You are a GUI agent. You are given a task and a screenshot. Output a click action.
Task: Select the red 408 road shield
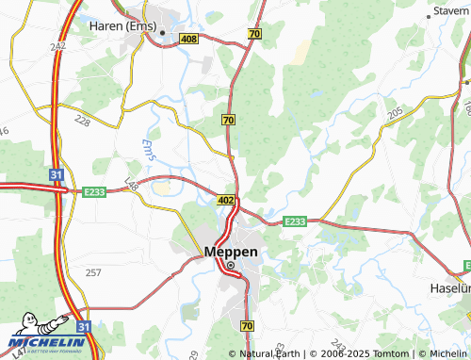187,39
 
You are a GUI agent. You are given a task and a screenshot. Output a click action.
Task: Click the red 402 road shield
225,201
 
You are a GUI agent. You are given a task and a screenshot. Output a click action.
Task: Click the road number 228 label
84,122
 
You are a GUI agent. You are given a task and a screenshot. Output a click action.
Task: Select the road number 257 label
93,272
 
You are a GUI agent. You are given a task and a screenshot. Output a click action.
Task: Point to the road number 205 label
395,112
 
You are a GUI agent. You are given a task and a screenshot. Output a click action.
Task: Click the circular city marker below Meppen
230,266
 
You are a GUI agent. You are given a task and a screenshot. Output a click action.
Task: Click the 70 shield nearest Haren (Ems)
254,34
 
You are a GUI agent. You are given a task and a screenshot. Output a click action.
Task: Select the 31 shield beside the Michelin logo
83,326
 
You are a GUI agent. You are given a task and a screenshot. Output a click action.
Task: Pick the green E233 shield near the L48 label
93,190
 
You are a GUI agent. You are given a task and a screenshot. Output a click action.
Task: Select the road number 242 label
58,45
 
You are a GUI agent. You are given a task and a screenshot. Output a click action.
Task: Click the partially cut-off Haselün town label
451,286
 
